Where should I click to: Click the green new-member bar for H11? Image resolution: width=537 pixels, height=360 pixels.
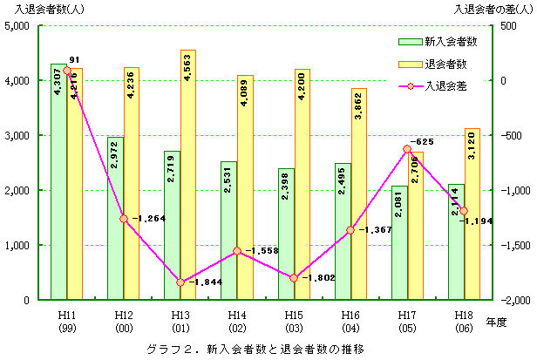click(x=58, y=183)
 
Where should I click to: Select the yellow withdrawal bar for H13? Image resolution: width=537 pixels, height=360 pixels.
click(x=188, y=174)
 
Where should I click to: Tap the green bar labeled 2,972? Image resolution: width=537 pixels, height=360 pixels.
click(x=115, y=218)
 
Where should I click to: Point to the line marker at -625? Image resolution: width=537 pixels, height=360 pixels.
click(x=406, y=149)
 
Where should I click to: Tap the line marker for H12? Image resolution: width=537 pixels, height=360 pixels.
click(x=124, y=219)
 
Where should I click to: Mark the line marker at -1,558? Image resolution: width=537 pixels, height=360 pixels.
click(x=238, y=251)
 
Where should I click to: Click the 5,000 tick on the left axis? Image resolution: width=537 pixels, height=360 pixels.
click(x=18, y=26)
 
